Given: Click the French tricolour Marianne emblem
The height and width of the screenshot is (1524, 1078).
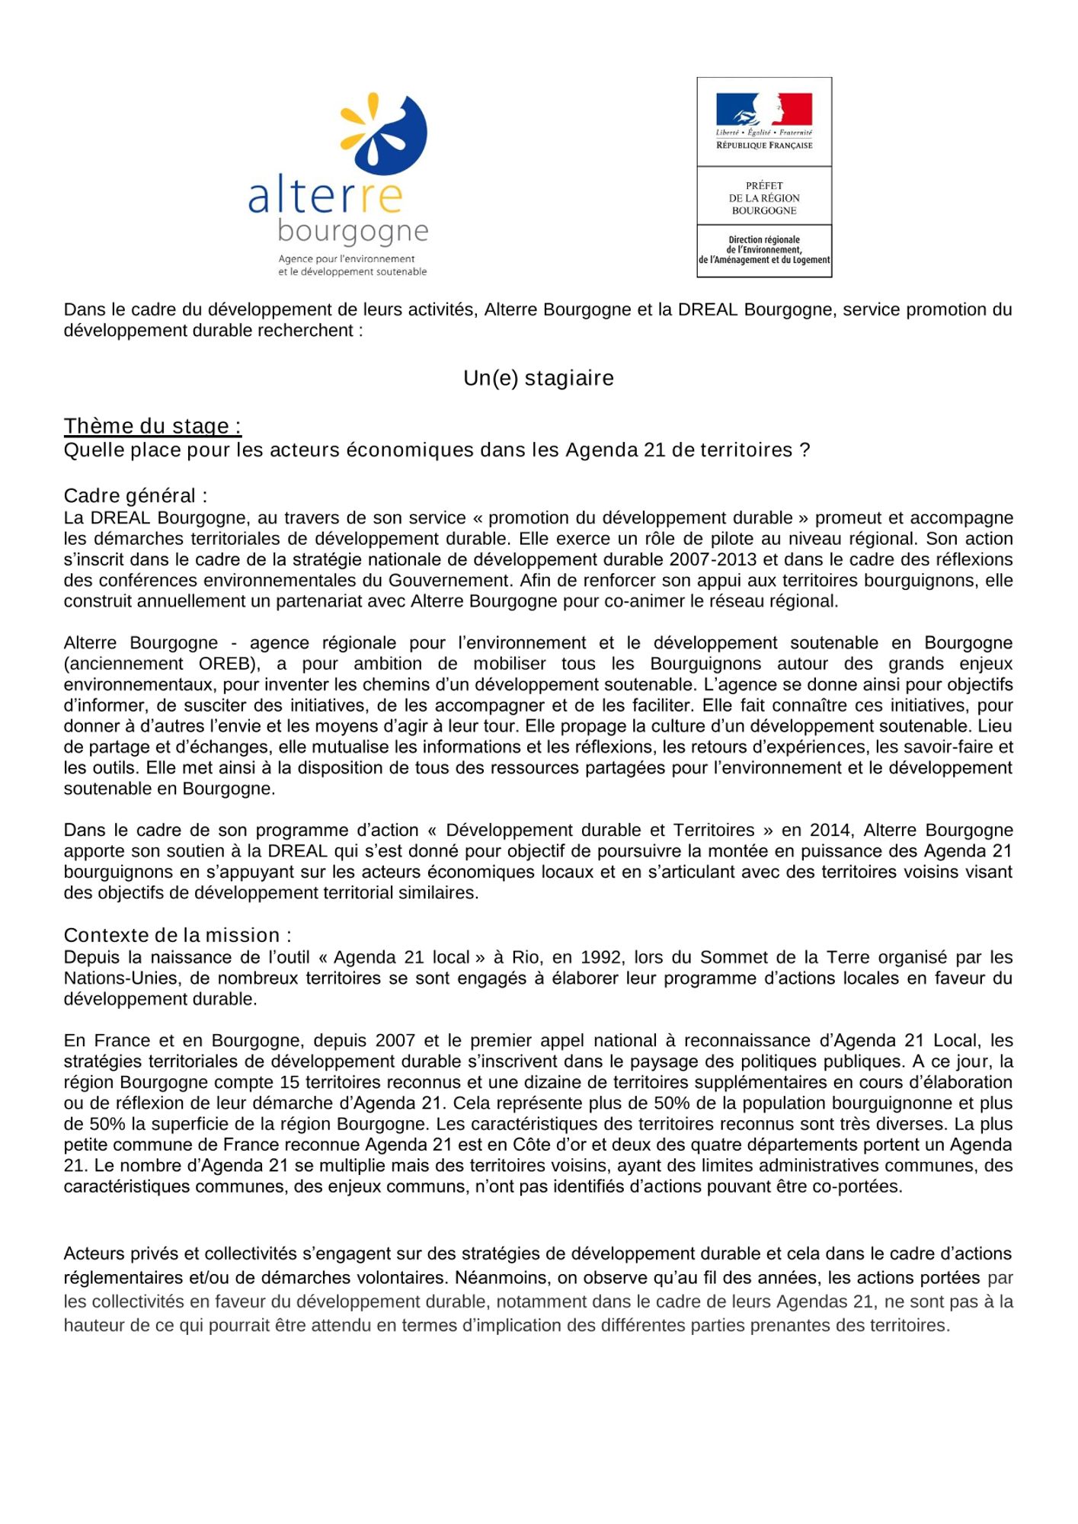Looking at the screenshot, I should click(763, 110).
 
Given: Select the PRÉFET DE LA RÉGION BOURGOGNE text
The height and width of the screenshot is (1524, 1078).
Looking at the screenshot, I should click(764, 198).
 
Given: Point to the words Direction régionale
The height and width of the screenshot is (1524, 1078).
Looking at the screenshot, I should click(764, 239).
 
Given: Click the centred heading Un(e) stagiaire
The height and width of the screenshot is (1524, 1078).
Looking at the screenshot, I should click(539, 378).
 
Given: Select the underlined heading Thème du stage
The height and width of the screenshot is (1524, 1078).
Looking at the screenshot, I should click(152, 425).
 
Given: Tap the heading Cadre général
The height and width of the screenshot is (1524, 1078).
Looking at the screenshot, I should click(136, 495).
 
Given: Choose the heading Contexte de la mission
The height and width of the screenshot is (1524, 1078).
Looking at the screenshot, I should click(178, 935).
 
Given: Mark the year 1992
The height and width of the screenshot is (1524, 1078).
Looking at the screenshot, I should click(603, 957).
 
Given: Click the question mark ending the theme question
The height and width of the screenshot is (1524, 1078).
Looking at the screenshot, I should click(805, 450).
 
